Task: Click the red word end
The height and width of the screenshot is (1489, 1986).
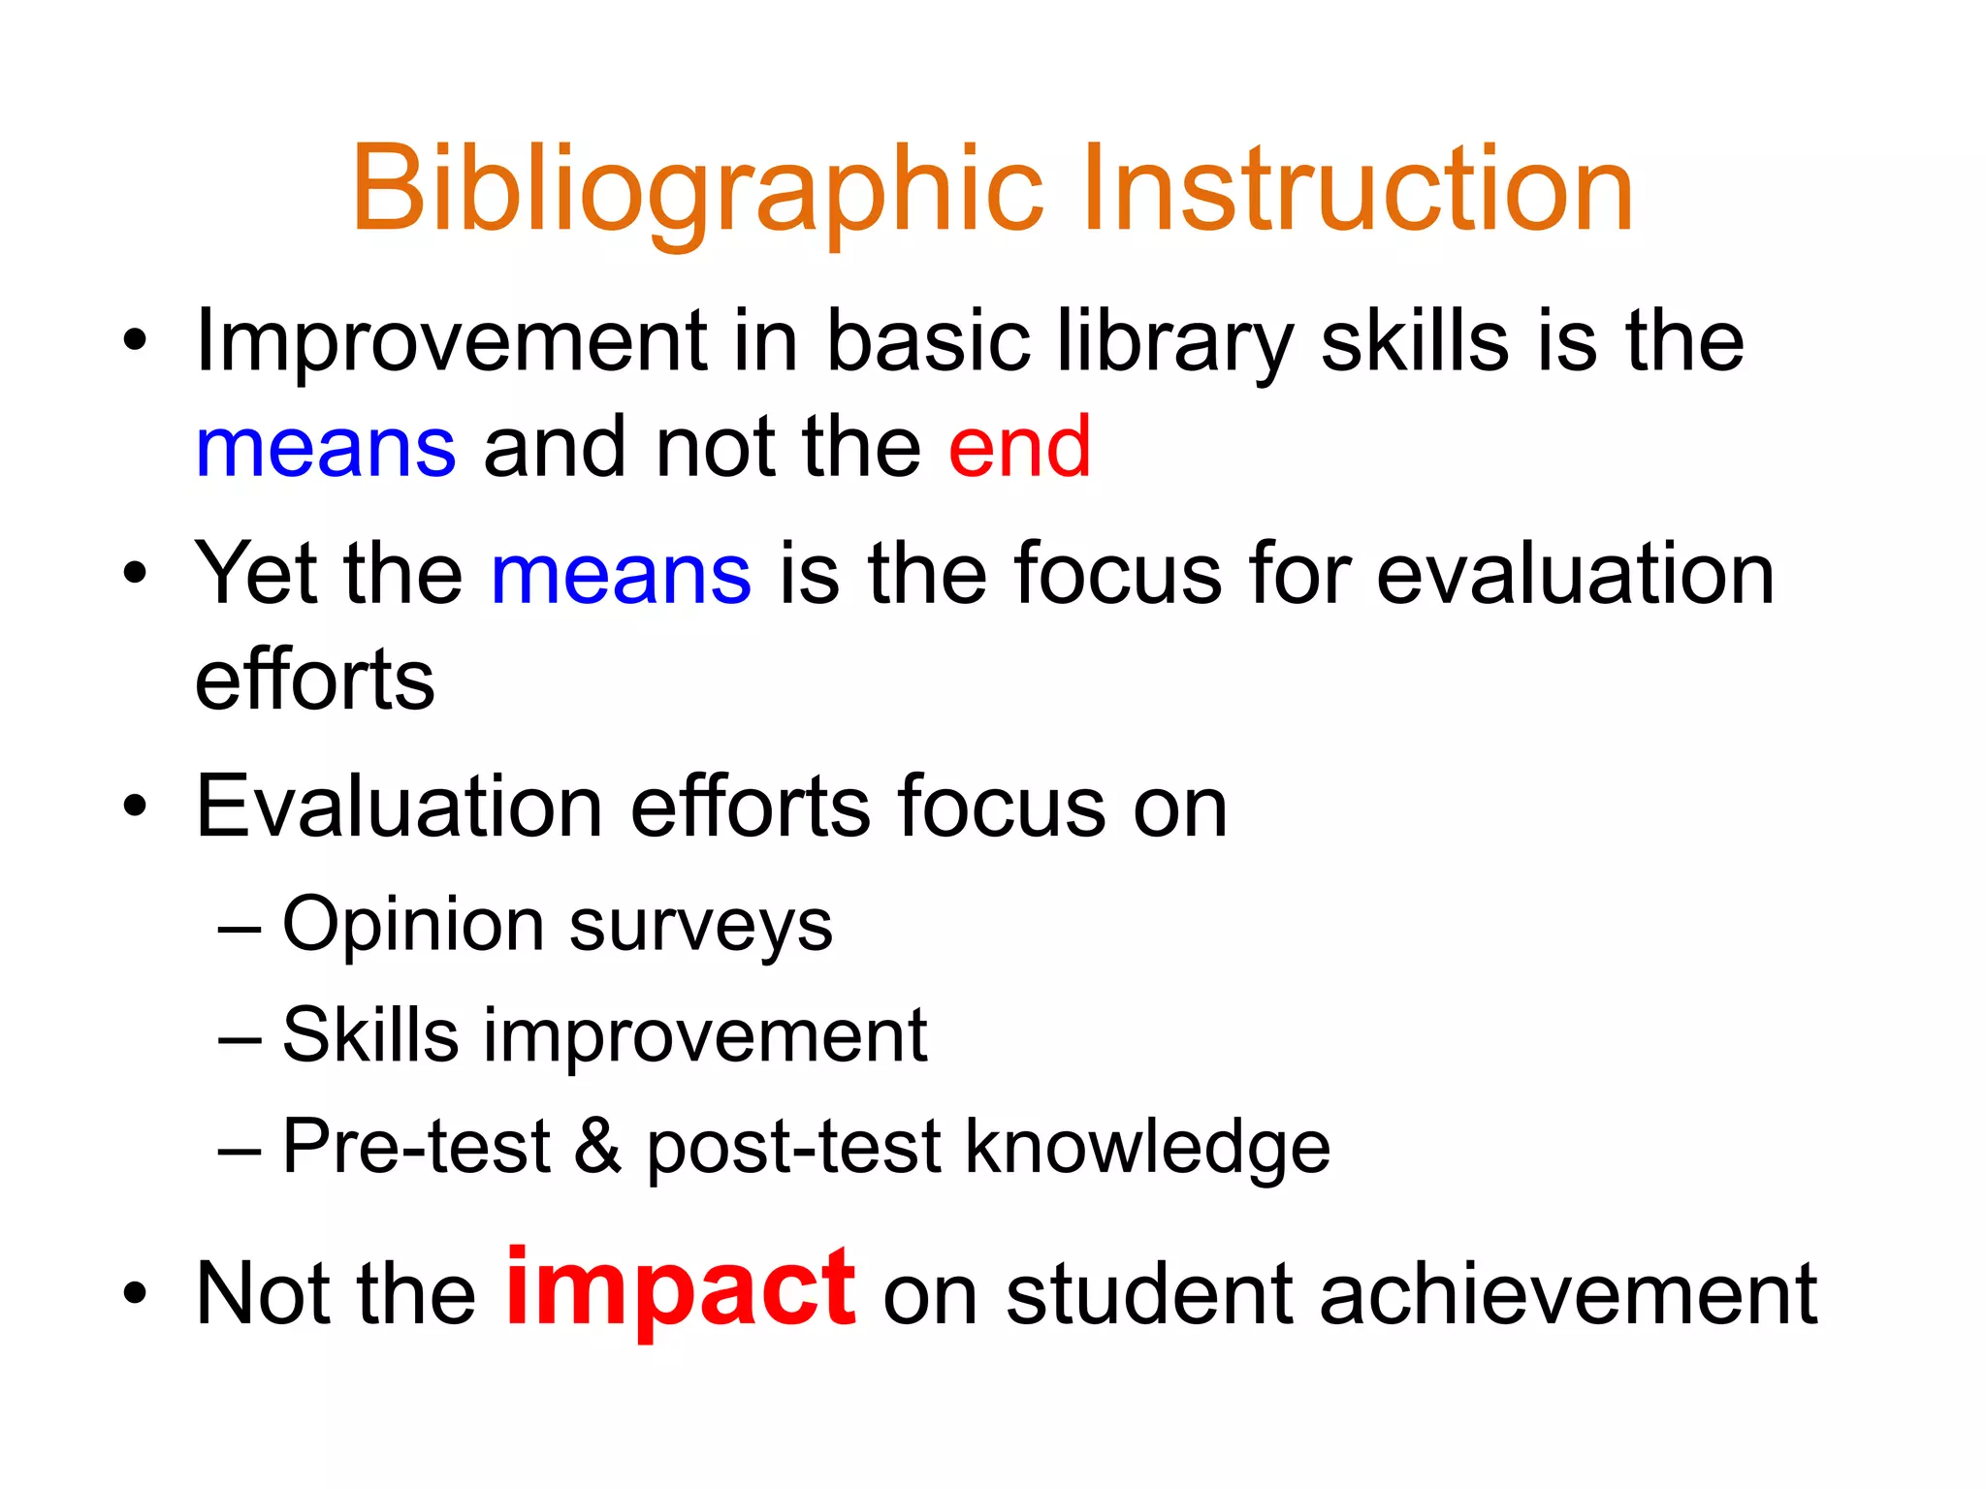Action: pos(1019,448)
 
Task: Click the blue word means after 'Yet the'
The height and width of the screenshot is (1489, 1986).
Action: pos(621,575)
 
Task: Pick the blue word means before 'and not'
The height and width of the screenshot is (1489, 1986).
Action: pos(326,448)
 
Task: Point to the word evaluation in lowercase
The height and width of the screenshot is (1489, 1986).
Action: pos(1575,575)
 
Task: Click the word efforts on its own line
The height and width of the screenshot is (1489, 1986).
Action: pos(314,681)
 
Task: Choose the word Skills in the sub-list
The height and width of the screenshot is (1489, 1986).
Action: pos(369,1035)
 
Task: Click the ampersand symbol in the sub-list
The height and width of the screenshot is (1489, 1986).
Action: pos(597,1147)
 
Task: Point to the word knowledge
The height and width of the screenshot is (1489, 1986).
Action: pos(1147,1147)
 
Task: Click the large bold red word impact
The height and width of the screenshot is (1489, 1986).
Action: pos(680,1289)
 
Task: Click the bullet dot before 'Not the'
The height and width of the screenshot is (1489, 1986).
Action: pos(135,1294)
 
